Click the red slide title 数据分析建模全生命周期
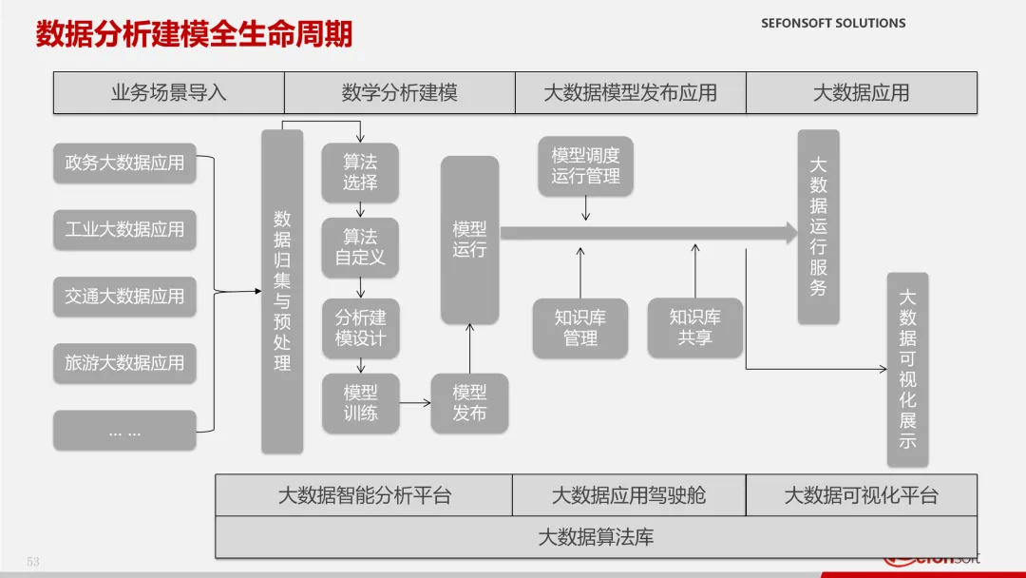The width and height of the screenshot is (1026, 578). click(194, 33)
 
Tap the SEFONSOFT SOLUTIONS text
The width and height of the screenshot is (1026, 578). click(833, 23)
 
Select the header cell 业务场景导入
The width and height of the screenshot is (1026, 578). click(169, 93)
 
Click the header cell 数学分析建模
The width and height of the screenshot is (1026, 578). click(400, 93)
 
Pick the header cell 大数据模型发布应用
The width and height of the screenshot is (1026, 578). click(631, 93)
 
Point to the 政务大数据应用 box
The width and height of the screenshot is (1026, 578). click(124, 163)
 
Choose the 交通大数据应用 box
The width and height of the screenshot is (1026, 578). click(124, 297)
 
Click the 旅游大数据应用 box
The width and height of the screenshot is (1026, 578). click(124, 363)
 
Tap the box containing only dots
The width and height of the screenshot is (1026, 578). click(124, 431)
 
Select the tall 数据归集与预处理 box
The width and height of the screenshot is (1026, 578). click(282, 291)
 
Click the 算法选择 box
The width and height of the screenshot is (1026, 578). click(360, 173)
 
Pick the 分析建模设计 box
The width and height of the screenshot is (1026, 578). click(361, 329)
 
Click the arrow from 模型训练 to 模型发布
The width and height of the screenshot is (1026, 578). click(415, 402)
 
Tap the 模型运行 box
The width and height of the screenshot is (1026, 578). click(470, 240)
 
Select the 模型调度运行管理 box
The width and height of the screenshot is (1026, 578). click(585, 166)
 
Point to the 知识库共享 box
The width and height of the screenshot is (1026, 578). click(694, 328)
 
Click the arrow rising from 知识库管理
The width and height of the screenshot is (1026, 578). click(580, 273)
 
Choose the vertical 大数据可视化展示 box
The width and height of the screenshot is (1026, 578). click(907, 370)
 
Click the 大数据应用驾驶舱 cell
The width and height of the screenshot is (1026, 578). click(629, 495)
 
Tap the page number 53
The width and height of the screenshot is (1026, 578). click(33, 562)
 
